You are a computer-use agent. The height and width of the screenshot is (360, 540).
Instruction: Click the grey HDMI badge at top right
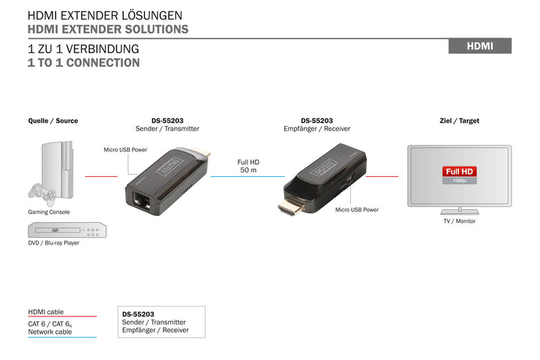[x=479, y=46]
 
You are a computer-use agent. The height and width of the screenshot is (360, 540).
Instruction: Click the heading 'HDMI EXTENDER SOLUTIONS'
[x=107, y=29]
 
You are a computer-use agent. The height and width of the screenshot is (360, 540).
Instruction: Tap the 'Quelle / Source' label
[x=52, y=121]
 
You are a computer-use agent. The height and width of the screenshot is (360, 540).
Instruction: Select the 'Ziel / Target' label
[x=459, y=121]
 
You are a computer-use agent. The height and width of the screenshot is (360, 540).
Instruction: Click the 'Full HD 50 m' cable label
[x=248, y=166]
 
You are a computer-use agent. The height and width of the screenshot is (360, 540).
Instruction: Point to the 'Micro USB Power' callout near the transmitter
[x=124, y=150]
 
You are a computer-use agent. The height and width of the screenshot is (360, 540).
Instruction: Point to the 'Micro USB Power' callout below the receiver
[x=357, y=210]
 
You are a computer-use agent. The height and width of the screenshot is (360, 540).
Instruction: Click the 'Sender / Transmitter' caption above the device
[x=168, y=129]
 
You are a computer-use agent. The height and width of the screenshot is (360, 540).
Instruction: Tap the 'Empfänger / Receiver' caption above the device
[x=316, y=129]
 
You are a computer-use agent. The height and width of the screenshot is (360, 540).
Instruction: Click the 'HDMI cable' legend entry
[x=46, y=311]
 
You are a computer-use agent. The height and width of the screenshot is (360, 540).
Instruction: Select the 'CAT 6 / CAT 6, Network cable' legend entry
[x=50, y=327]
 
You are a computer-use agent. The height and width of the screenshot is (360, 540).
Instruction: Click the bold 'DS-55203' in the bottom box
[x=138, y=314]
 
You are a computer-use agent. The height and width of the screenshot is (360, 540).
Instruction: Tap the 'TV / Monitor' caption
[x=459, y=220]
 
